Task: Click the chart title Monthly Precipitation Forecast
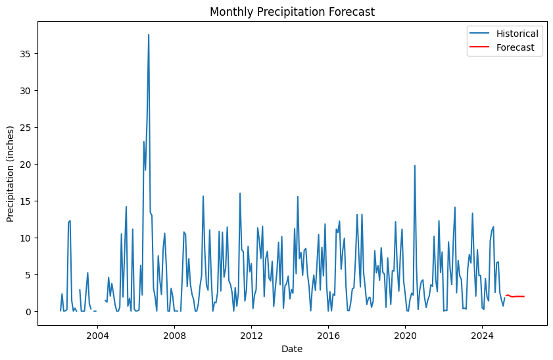[292, 12]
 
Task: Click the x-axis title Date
[292, 349]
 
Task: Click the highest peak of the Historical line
[149, 35]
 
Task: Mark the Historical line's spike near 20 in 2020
[415, 166]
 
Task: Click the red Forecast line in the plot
[516, 296]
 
